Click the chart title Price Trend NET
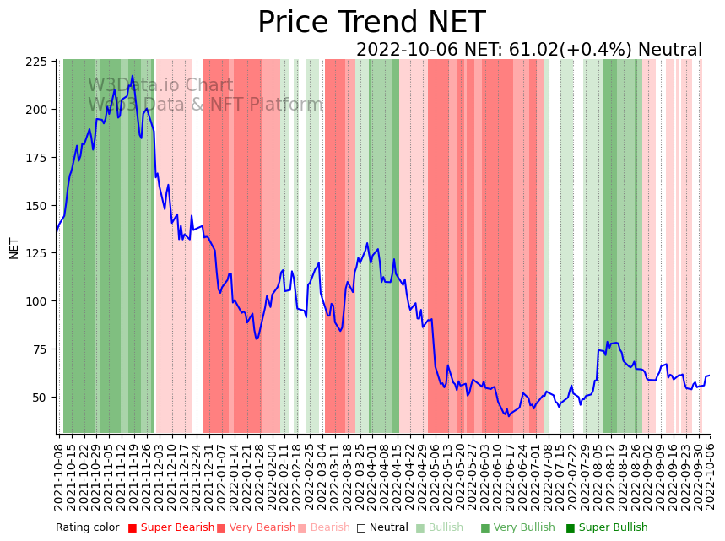(371, 23)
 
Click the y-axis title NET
(14, 247)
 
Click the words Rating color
(88, 527)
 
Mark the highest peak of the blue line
(132, 76)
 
